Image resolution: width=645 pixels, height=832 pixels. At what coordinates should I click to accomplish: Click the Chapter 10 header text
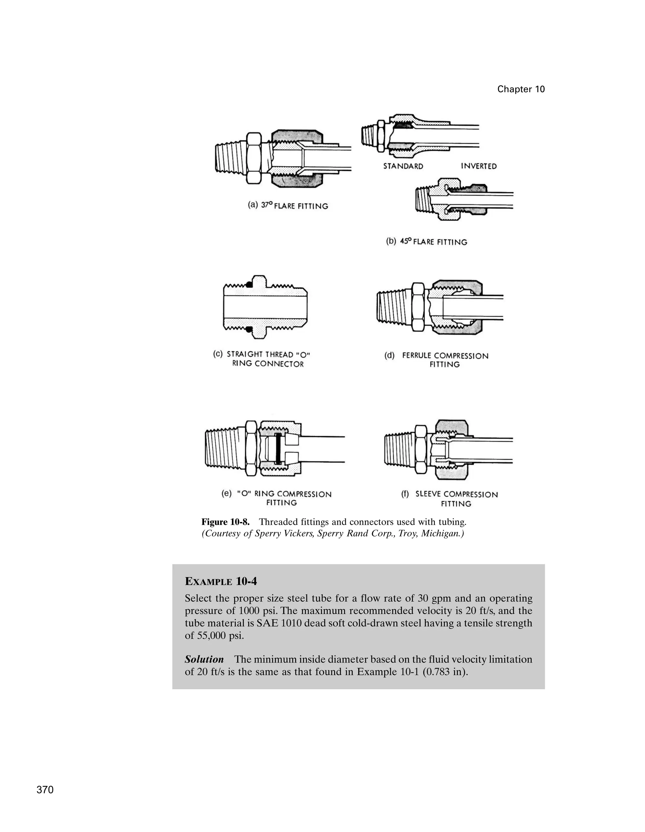pyautogui.click(x=521, y=89)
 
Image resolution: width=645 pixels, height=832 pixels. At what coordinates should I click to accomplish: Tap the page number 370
pyautogui.click(x=45, y=790)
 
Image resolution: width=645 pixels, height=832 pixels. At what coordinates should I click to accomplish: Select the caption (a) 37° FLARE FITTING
pyautogui.click(x=288, y=206)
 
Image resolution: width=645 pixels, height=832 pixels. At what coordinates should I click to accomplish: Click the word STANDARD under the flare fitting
pyautogui.click(x=403, y=166)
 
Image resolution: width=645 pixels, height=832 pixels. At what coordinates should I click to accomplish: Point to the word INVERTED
pyautogui.click(x=479, y=166)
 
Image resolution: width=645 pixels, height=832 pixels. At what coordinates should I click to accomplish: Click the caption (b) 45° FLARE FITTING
pyautogui.click(x=426, y=242)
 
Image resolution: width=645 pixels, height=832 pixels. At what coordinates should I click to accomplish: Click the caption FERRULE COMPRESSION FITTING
pyautogui.click(x=445, y=360)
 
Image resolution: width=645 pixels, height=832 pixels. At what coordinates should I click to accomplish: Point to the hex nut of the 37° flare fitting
pyautogui.click(x=254, y=158)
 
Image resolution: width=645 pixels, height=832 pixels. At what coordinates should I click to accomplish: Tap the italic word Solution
pyautogui.click(x=204, y=659)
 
